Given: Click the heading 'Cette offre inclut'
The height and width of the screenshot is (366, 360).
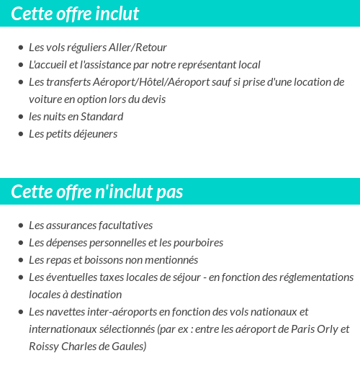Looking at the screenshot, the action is tap(76, 14).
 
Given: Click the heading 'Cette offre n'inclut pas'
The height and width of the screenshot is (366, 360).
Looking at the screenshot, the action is tap(97, 192).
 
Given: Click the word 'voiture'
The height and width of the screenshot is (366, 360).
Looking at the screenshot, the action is tap(45, 99).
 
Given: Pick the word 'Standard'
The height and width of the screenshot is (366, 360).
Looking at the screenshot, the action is tap(102, 117).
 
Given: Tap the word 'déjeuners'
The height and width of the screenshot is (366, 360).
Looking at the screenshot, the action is tap(94, 134).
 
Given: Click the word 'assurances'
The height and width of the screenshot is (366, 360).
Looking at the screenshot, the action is tap(71, 226).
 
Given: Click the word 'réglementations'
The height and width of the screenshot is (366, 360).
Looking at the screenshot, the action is tap(317, 277).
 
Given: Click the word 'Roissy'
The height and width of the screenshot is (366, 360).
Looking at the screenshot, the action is tap(44, 347).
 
